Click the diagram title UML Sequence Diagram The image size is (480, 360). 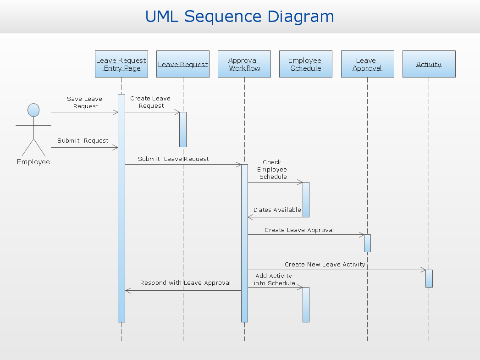(x=240, y=17)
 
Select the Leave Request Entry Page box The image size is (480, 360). (x=121, y=64)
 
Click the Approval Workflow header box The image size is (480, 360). (x=244, y=64)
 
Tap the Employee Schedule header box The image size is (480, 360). (x=306, y=64)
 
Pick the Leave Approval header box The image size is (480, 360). (x=367, y=64)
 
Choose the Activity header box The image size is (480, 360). (x=429, y=64)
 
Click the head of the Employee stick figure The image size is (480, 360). (x=33, y=110)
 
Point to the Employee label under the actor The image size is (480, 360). (x=33, y=162)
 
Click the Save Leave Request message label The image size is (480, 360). (x=85, y=102)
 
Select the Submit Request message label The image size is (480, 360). (x=83, y=141)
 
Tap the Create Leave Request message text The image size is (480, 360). (x=150, y=102)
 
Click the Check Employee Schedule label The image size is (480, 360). (x=272, y=169)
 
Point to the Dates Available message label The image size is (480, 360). (x=277, y=210)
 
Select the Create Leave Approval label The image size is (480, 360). (x=299, y=230)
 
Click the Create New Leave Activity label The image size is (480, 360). (x=325, y=264)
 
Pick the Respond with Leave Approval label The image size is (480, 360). (x=185, y=283)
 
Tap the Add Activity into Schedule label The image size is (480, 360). (x=274, y=279)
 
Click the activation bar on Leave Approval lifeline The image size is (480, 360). (x=367, y=243)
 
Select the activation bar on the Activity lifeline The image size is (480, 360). (x=429, y=278)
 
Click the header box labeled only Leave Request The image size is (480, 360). (x=183, y=64)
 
